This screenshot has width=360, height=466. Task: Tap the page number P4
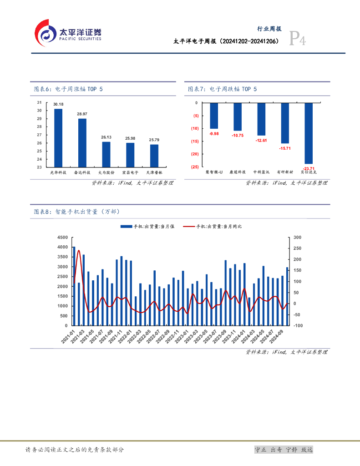click(298, 40)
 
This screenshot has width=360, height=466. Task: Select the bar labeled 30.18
click(58, 137)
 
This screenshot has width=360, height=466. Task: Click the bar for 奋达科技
click(82, 142)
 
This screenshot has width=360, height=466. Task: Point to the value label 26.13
click(106, 137)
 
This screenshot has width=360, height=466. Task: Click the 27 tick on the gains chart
click(40, 135)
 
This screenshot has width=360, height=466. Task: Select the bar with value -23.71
click(309, 133)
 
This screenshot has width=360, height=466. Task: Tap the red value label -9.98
click(214, 134)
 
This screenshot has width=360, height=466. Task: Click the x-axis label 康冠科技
click(238, 172)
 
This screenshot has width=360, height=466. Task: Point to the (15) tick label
click(194, 141)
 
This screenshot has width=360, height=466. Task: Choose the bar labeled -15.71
click(285, 123)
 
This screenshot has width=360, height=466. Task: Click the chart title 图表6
click(69, 89)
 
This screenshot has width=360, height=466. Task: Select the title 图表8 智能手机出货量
click(77, 212)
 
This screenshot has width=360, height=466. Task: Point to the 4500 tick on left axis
click(62, 238)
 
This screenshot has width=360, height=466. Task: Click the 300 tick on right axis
click(297, 238)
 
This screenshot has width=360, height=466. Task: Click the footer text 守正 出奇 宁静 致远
click(284, 450)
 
